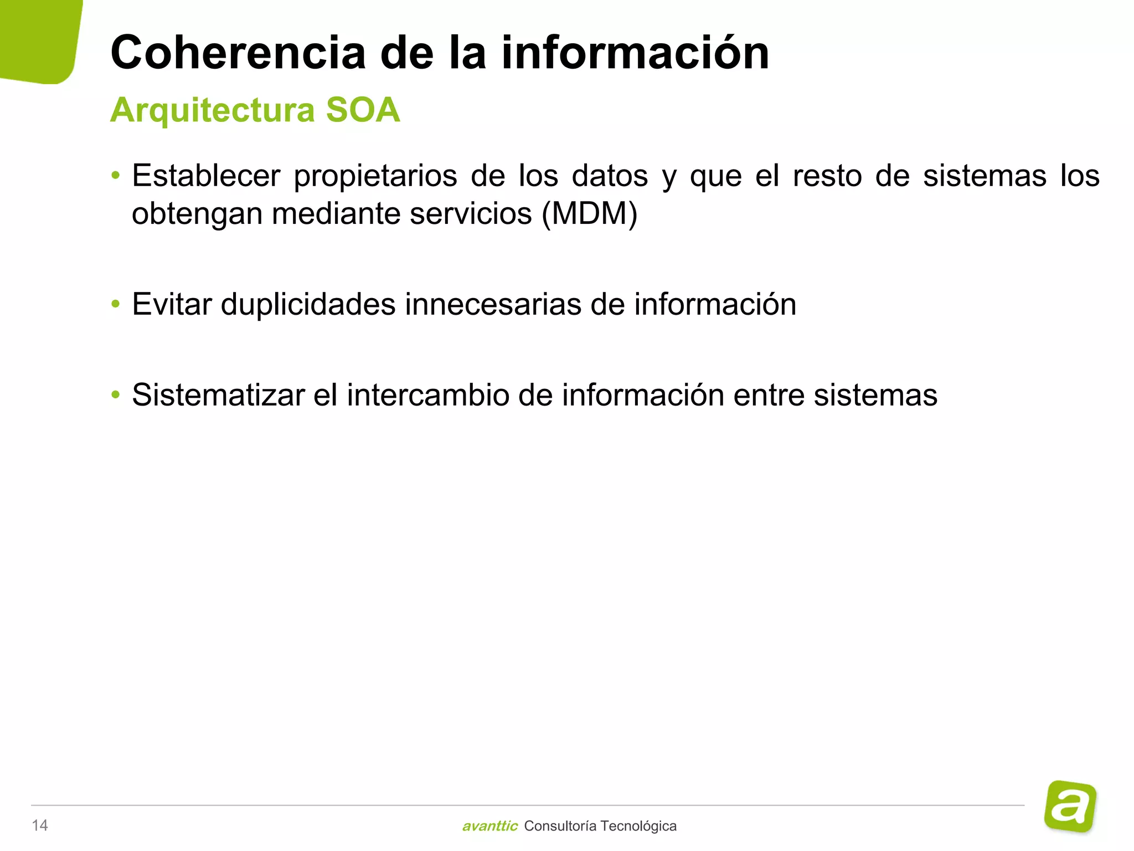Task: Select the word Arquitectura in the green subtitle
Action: pos(212,110)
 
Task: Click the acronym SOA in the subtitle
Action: pos(363,110)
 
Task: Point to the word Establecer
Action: pos(206,176)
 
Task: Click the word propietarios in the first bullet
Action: pos(375,176)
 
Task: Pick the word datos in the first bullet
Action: pos(610,176)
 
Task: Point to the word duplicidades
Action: pos(308,304)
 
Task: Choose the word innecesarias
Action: pos(493,304)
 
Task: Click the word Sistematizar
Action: pos(218,395)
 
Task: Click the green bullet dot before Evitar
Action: pos(115,304)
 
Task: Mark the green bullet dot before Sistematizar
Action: pos(115,395)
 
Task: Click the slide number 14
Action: pos(40,826)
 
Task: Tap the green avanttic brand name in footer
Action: pos(489,826)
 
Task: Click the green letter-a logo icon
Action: pos(1070,806)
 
